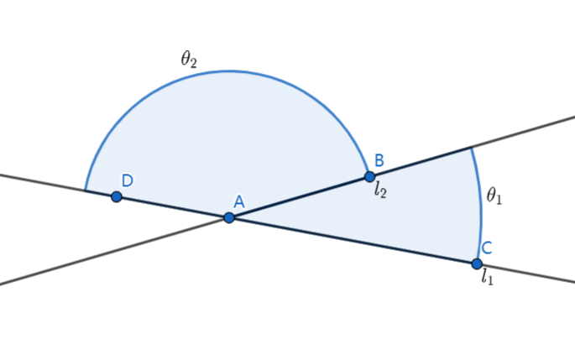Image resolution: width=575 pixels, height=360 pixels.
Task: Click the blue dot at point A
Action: pyautogui.click(x=228, y=217)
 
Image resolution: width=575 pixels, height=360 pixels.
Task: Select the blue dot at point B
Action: pyautogui.click(x=369, y=176)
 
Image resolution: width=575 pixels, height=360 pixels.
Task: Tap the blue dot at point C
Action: pyautogui.click(x=477, y=263)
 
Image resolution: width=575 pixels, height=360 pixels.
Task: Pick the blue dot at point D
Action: pyautogui.click(x=117, y=196)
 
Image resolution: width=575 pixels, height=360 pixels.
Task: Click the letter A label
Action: pyautogui.click(x=238, y=201)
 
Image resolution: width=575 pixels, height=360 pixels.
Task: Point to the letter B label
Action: pyautogui.click(x=379, y=159)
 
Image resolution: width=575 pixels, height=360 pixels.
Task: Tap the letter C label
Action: pyautogui.click(x=486, y=248)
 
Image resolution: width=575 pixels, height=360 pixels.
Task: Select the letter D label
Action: pyautogui.click(x=127, y=180)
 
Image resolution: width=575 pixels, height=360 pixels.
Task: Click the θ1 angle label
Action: pyautogui.click(x=494, y=196)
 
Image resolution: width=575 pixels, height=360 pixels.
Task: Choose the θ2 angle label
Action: pyautogui.click(x=189, y=59)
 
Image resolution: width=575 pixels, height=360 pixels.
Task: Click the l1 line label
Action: pyautogui.click(x=487, y=278)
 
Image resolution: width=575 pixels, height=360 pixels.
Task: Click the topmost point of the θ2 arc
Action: pyautogui.click(x=228, y=71)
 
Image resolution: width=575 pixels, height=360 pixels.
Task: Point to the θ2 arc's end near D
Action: pyautogui.click(x=86, y=190)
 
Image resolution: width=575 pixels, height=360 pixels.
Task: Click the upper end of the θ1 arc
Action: pyautogui.click(x=471, y=148)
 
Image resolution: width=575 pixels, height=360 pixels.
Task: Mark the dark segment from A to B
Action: pyautogui.click(x=299, y=197)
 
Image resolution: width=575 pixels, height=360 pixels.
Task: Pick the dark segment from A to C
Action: pyautogui.click(x=353, y=241)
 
